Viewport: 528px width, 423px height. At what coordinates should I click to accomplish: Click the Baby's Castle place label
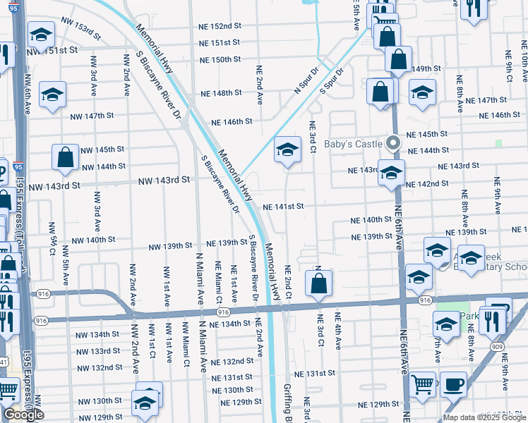[x=354, y=144]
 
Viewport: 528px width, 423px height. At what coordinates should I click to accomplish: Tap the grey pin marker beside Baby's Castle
[x=394, y=143]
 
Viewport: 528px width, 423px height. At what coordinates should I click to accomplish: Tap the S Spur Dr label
[x=332, y=81]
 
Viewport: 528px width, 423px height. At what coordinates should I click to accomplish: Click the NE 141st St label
[x=283, y=207]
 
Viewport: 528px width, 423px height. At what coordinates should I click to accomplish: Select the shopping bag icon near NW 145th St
[x=65, y=158]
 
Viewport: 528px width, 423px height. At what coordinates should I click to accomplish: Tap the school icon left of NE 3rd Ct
[x=287, y=149]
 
